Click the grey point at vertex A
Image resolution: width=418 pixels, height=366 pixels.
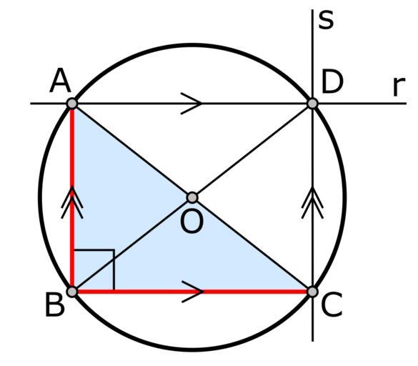72,103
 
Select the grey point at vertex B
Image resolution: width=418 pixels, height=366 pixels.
72,292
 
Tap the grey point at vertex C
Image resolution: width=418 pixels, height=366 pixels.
312,292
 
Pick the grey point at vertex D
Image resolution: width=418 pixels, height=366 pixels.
312,103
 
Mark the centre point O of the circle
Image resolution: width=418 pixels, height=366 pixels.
192,197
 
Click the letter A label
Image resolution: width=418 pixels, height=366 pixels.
60,81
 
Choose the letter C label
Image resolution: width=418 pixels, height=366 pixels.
332,305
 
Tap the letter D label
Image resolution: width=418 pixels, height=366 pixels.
332,81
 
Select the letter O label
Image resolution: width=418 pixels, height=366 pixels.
192,221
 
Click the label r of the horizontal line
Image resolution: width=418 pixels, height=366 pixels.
399,86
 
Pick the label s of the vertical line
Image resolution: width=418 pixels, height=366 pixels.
326,20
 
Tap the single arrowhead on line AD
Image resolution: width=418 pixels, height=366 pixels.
191,103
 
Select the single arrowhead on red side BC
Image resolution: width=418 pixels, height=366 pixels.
192,292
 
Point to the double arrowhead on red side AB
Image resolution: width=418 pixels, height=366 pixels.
72,203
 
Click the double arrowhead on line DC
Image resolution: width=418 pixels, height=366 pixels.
312,203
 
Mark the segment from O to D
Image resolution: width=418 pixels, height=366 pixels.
252,150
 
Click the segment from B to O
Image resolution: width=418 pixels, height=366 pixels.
132,244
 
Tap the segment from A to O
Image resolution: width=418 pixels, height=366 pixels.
132,150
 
